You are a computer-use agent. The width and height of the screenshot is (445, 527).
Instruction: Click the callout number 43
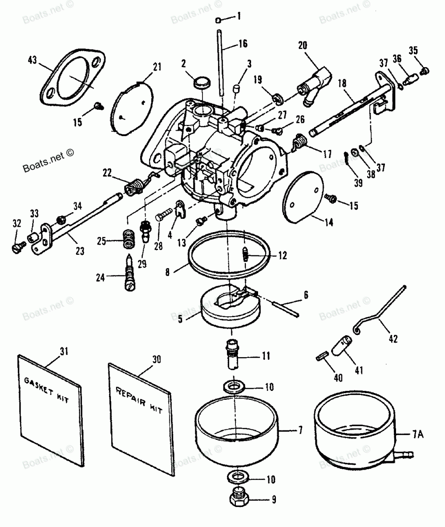pyautogui.click(x=32, y=60)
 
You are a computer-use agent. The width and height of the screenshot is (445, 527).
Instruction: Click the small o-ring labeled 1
pyautogui.click(x=218, y=20)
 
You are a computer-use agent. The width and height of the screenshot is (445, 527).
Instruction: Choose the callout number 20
pyautogui.click(x=303, y=45)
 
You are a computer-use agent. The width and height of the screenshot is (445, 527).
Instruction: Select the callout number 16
pyautogui.click(x=243, y=43)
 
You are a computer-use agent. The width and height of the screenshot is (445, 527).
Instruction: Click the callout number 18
pyautogui.click(x=342, y=83)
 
